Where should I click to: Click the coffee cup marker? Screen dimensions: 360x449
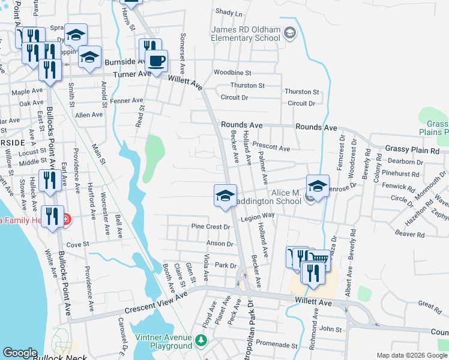(156, 61)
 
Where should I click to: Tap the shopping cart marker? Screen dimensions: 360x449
(321, 260)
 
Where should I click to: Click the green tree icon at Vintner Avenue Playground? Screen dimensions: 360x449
(201, 341)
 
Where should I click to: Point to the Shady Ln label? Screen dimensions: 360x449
(228, 13)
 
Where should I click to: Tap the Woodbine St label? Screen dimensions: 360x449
(232, 73)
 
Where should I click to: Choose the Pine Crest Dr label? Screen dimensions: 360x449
(211, 227)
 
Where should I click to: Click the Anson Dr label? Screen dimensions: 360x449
(220, 244)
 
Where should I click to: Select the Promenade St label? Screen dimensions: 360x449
(273, 343)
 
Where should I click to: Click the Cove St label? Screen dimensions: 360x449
(77, 245)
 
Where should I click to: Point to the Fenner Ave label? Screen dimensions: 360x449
(126, 101)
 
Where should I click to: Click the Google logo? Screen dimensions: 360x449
(20, 353)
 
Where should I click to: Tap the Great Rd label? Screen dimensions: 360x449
(430, 304)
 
